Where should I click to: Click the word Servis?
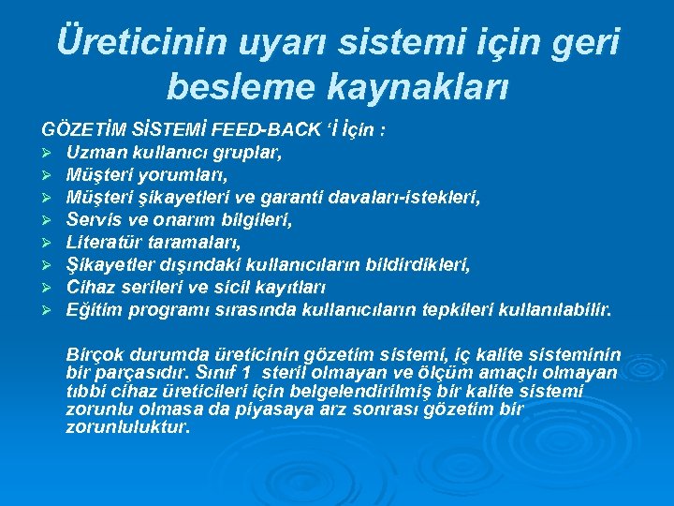(91, 220)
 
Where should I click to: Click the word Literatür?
(102, 243)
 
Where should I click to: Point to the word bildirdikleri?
(414, 265)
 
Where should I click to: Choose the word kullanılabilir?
(558, 309)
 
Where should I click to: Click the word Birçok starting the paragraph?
(93, 355)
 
